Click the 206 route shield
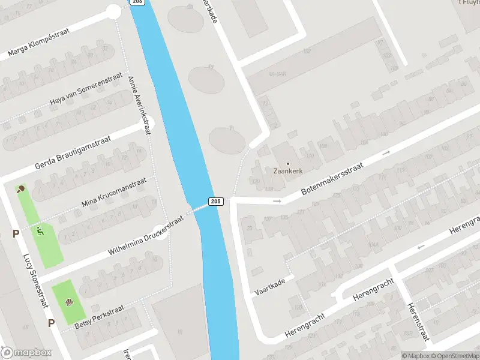pyautogui.click(x=137, y=2)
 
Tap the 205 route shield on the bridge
pyautogui.click(x=217, y=201)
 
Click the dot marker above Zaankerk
pyautogui.click(x=287, y=163)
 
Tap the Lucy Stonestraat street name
pyautogui.click(x=35, y=279)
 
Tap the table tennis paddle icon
pyautogui.click(x=22, y=189)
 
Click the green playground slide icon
pyautogui.click(x=40, y=229)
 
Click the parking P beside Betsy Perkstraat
pyautogui.click(x=51, y=323)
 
